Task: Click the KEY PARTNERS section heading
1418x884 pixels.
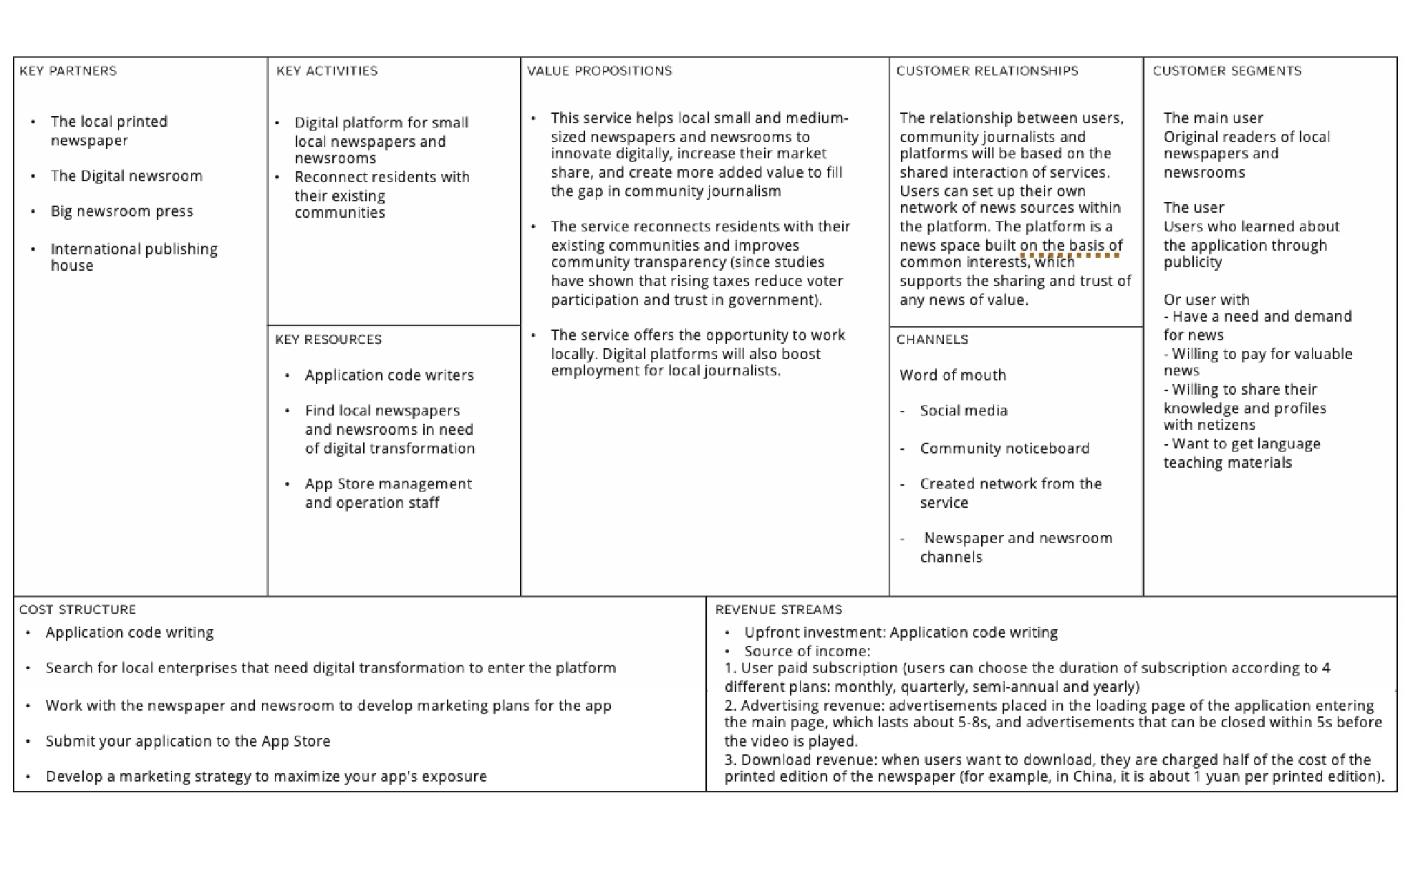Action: tap(68, 71)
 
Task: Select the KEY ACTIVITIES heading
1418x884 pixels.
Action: tap(327, 71)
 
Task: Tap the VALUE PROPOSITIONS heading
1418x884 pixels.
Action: tap(599, 71)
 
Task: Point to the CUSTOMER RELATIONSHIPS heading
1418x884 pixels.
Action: tap(987, 71)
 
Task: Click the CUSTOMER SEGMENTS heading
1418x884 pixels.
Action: tap(1227, 71)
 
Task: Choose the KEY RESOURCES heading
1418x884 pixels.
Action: tap(328, 340)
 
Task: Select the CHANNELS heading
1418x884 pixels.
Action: tap(932, 340)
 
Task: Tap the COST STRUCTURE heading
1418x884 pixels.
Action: tap(77, 610)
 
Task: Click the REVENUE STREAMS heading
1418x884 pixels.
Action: tap(778, 610)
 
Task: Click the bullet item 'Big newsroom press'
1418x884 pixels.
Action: tap(122, 211)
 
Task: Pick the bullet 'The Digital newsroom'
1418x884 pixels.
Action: tap(126, 176)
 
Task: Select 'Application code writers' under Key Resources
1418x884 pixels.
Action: tap(389, 375)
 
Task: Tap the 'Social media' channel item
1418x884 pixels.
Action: tap(963, 410)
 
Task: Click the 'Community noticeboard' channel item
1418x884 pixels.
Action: tap(1004, 448)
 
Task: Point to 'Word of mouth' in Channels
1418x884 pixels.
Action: tap(952, 375)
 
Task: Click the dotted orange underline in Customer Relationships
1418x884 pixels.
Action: tap(1070, 255)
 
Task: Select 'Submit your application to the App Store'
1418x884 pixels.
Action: tap(188, 741)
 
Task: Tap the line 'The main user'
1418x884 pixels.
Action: tap(1213, 118)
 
